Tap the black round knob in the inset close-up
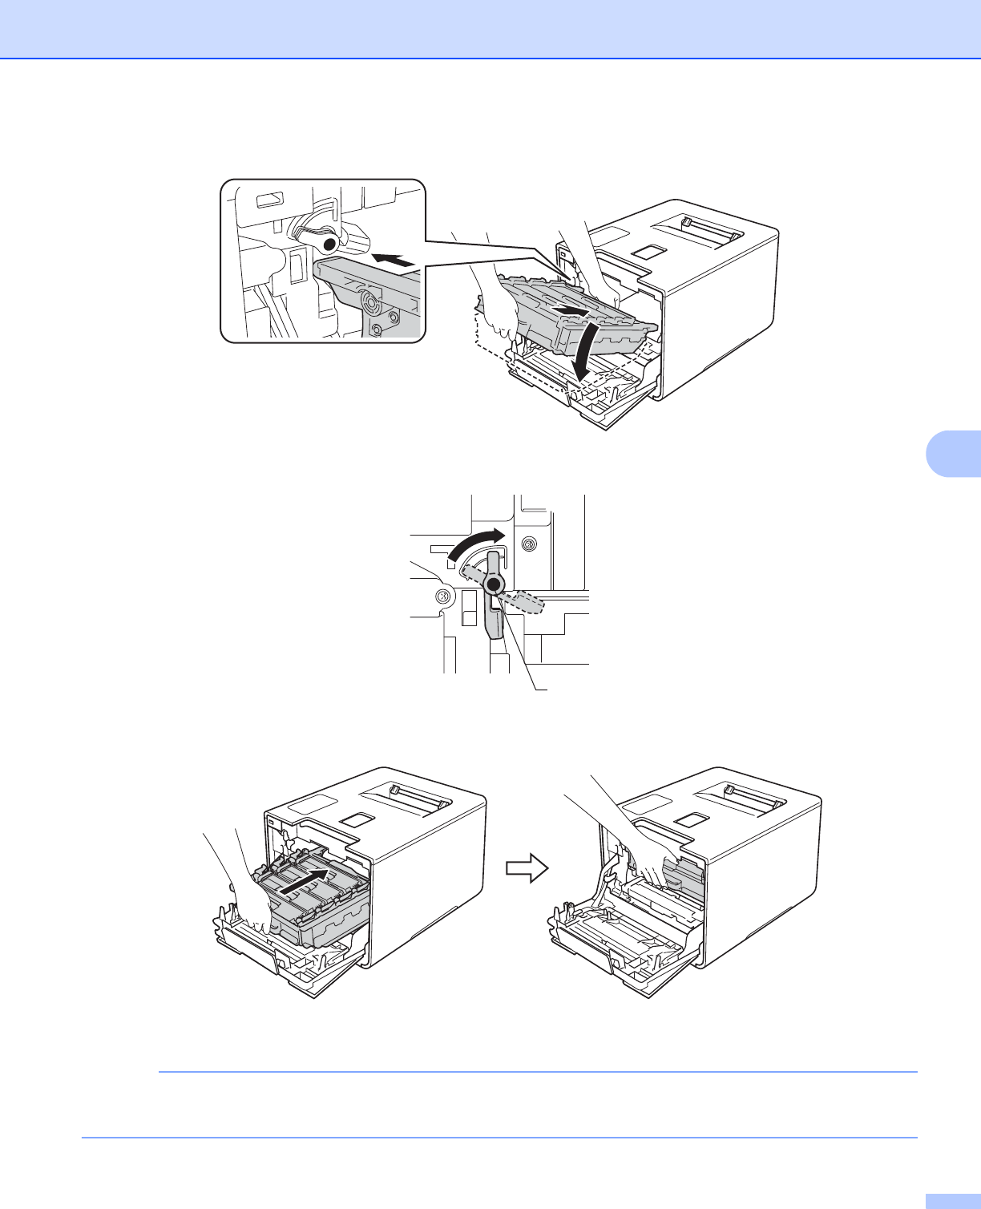pos(326,242)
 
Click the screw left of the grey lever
pos(441,596)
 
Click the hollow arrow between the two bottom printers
pos(526,867)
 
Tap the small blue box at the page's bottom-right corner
pos(952,1200)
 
